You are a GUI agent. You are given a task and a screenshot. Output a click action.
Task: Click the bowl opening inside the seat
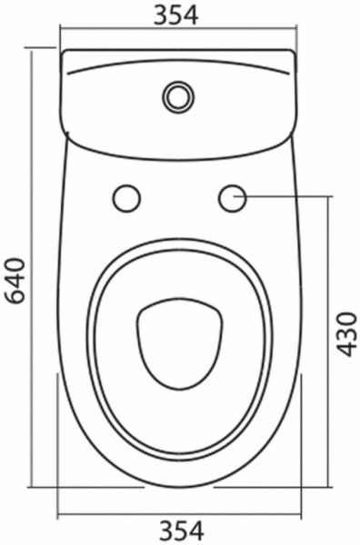179,342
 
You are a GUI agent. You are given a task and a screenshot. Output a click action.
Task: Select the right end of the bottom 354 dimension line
301,512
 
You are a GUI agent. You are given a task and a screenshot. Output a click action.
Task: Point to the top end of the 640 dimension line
34,51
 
